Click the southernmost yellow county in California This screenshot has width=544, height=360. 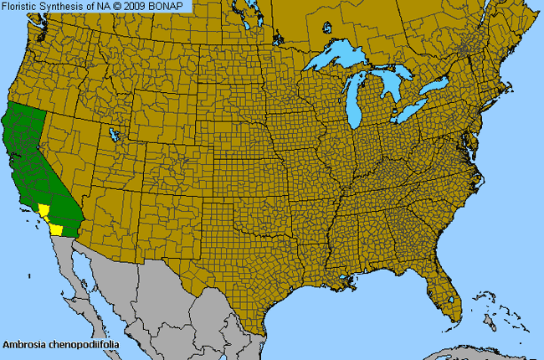click(56, 228)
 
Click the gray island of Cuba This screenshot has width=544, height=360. click(469, 352)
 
